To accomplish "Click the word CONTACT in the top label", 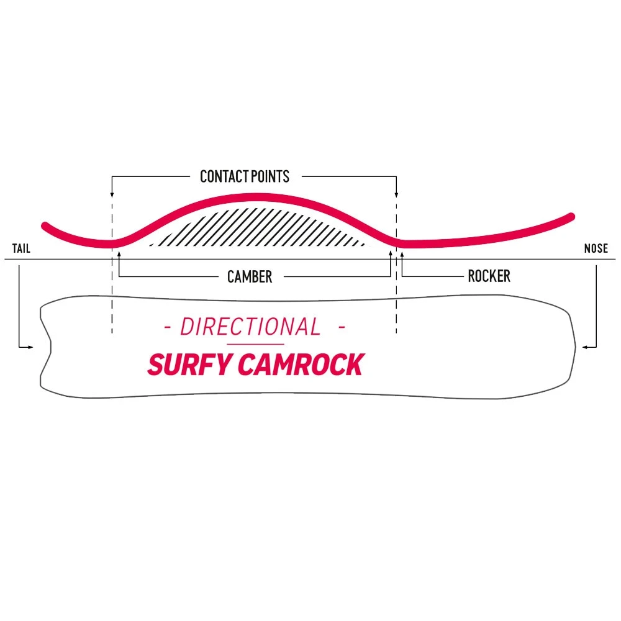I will tap(223, 177).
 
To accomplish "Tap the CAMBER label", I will tap(250, 277).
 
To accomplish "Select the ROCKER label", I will tap(489, 276).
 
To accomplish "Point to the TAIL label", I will tap(21, 250).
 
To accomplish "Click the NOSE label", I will tap(596, 250).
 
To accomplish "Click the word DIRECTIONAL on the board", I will tap(251, 327).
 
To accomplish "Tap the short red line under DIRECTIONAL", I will tap(255, 344).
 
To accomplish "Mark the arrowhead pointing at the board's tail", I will tap(31, 347).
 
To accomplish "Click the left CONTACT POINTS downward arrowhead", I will tap(112, 194).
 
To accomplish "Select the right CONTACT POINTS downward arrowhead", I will tap(396, 194).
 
